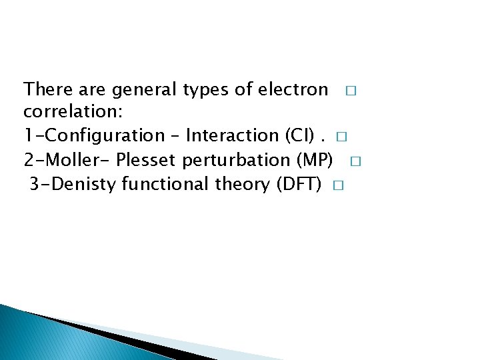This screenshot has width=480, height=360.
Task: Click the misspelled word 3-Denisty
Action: pyautogui.click(x=73, y=184)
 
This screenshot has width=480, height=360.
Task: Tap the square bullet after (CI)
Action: pyautogui.click(x=342, y=137)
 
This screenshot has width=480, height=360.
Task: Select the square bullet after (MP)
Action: pyautogui.click(x=355, y=161)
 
